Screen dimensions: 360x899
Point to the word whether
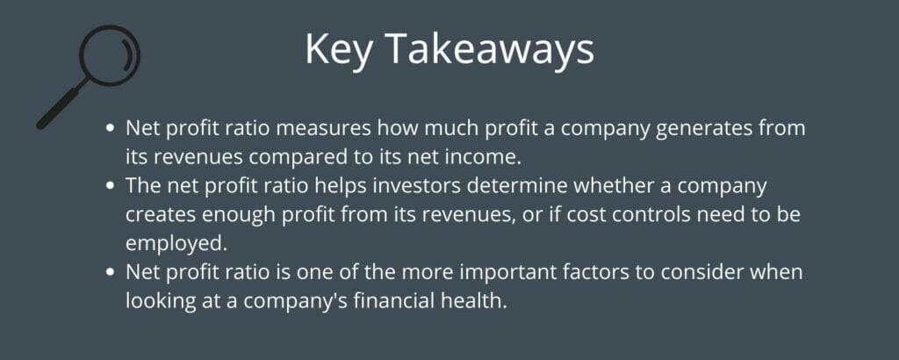pos(596,189)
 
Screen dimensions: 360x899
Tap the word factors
pos(583,273)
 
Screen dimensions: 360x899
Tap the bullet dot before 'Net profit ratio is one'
pos(111,273)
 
